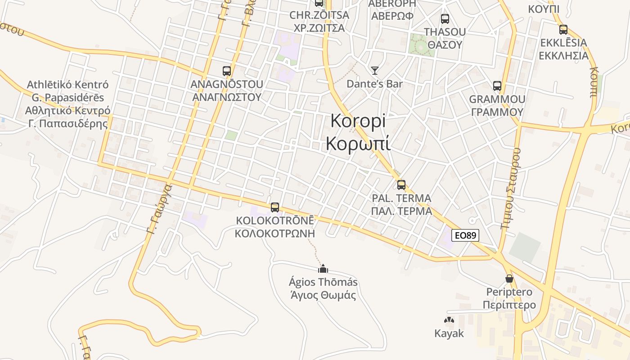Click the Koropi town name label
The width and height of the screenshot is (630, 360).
pyautogui.click(x=358, y=121)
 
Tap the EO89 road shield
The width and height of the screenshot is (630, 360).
pyautogui.click(x=465, y=235)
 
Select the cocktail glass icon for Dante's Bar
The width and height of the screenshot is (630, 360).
pyautogui.click(x=374, y=70)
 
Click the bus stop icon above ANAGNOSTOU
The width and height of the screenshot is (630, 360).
pyautogui.click(x=227, y=71)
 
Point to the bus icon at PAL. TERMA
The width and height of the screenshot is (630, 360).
pyautogui.click(x=401, y=184)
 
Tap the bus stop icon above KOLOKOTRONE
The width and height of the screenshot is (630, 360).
pyautogui.click(x=275, y=207)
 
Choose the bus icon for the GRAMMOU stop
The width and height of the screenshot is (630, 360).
pyautogui.click(x=497, y=86)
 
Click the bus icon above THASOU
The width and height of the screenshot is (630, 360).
pyautogui.click(x=445, y=19)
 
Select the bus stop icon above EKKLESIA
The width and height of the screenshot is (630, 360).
pyautogui.click(x=563, y=30)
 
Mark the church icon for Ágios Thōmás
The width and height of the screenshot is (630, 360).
pyautogui.click(x=323, y=269)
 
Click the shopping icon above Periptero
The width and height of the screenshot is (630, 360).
pyautogui.click(x=509, y=279)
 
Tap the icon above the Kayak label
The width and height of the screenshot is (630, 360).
pyautogui.click(x=449, y=320)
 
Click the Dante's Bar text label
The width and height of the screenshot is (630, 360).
pyautogui.click(x=374, y=84)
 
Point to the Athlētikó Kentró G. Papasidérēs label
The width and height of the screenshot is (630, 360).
pyautogui.click(x=67, y=104)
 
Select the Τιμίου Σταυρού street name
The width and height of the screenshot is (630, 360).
pyautogui.click(x=510, y=189)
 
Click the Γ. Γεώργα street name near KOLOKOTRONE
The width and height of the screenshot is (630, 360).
pyautogui.click(x=160, y=210)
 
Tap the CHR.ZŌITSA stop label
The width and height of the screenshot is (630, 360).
pyautogui.click(x=319, y=15)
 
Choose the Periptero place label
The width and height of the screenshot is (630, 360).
pyautogui.click(x=509, y=292)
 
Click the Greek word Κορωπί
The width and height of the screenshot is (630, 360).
pyautogui.click(x=358, y=144)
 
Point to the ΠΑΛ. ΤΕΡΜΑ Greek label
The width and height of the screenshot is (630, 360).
pyautogui.click(x=401, y=211)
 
